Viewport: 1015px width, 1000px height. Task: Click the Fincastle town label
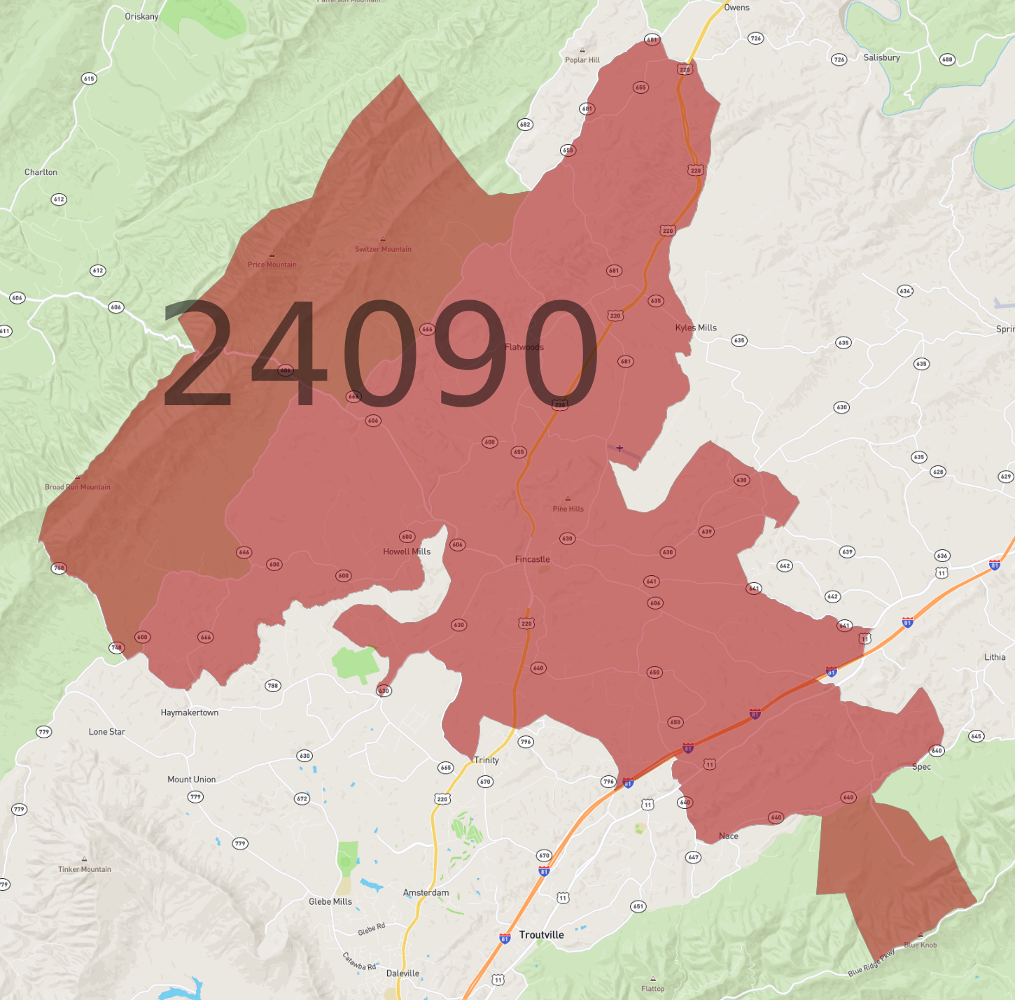532,559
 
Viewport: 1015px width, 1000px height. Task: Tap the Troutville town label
541,935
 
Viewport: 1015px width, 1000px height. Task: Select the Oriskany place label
141,17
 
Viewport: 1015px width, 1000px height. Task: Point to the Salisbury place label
881,58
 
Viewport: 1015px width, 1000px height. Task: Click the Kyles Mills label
696,328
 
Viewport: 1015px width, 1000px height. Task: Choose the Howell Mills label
407,551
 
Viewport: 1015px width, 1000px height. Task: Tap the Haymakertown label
189,712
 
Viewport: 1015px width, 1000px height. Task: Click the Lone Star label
106,732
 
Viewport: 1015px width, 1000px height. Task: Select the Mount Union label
191,780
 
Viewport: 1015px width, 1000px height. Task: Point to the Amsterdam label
426,893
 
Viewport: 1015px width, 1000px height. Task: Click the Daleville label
402,973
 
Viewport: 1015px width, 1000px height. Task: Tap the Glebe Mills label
330,901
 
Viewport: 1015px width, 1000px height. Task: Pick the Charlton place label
41,172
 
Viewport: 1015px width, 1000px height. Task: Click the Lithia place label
995,657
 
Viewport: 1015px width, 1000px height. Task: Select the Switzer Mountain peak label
383,249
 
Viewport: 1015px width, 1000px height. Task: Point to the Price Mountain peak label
272,265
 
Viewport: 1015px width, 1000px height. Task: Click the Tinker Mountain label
85,869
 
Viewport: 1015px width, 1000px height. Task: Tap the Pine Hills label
568,509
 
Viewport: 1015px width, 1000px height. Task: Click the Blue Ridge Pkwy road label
871,963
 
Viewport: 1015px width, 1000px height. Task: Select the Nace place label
728,836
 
